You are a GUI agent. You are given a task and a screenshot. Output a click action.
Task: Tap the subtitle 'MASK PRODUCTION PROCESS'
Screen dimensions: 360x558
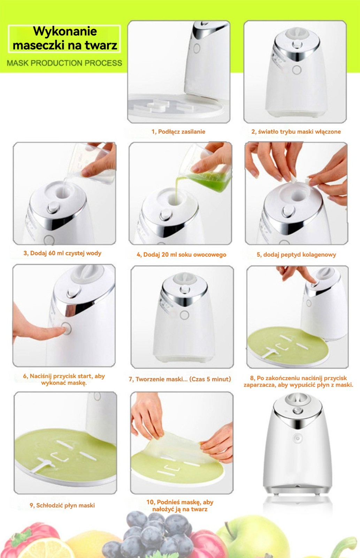click(64, 63)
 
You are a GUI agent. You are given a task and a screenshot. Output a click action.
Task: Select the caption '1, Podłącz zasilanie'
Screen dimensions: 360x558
click(178, 131)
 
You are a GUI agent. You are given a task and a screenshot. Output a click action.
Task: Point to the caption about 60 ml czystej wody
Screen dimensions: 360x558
click(62, 253)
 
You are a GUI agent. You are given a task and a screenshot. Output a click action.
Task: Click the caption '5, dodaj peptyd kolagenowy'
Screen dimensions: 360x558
click(296, 255)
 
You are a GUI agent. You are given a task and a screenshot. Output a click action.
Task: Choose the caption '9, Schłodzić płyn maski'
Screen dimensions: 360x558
click(62, 505)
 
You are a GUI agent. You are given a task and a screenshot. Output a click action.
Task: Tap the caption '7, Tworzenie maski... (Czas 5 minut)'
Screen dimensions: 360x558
click(180, 379)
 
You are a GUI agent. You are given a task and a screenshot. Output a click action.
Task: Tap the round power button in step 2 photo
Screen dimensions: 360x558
click(297, 70)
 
